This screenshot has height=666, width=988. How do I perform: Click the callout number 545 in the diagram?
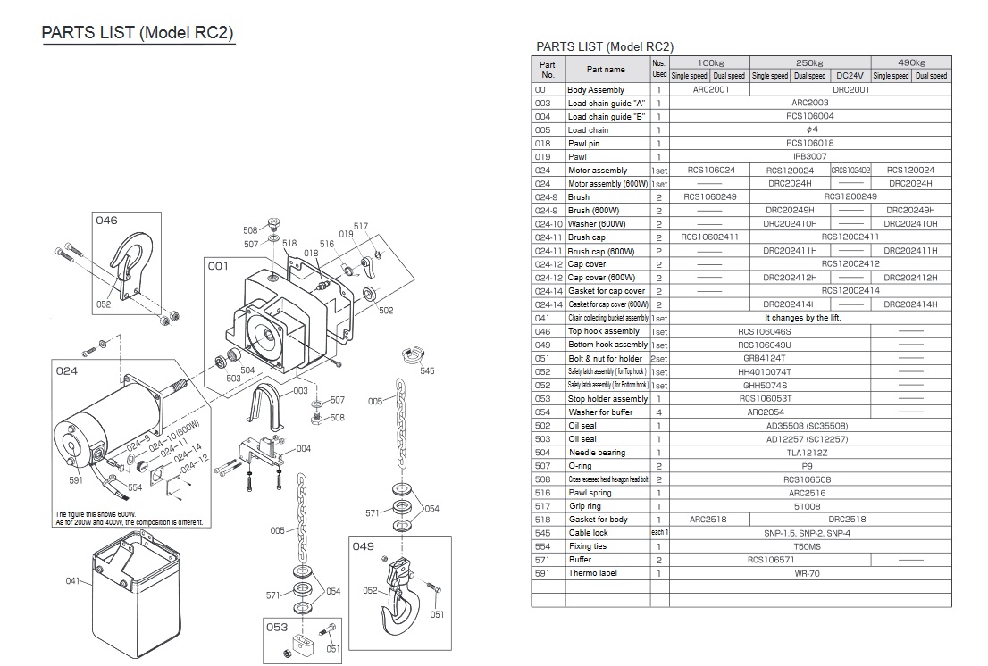[x=427, y=370]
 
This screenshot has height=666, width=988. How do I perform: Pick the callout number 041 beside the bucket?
[x=72, y=581]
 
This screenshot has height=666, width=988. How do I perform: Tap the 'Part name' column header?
[x=606, y=69]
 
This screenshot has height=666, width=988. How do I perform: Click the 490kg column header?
[x=910, y=62]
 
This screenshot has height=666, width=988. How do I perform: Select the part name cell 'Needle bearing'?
[x=597, y=453]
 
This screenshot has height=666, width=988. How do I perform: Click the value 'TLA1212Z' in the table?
[x=810, y=453]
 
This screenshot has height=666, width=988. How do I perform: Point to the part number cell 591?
[x=542, y=573]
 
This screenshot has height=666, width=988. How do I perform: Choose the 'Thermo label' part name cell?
[x=592, y=573]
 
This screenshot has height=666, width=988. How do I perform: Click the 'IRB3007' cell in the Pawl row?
[x=810, y=156]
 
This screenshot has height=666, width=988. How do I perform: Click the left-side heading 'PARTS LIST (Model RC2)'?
[x=138, y=34]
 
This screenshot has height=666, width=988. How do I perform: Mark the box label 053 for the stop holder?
[x=277, y=627]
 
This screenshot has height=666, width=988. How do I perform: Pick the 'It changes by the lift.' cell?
[x=802, y=318]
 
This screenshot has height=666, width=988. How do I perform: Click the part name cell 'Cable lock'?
[x=590, y=533]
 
